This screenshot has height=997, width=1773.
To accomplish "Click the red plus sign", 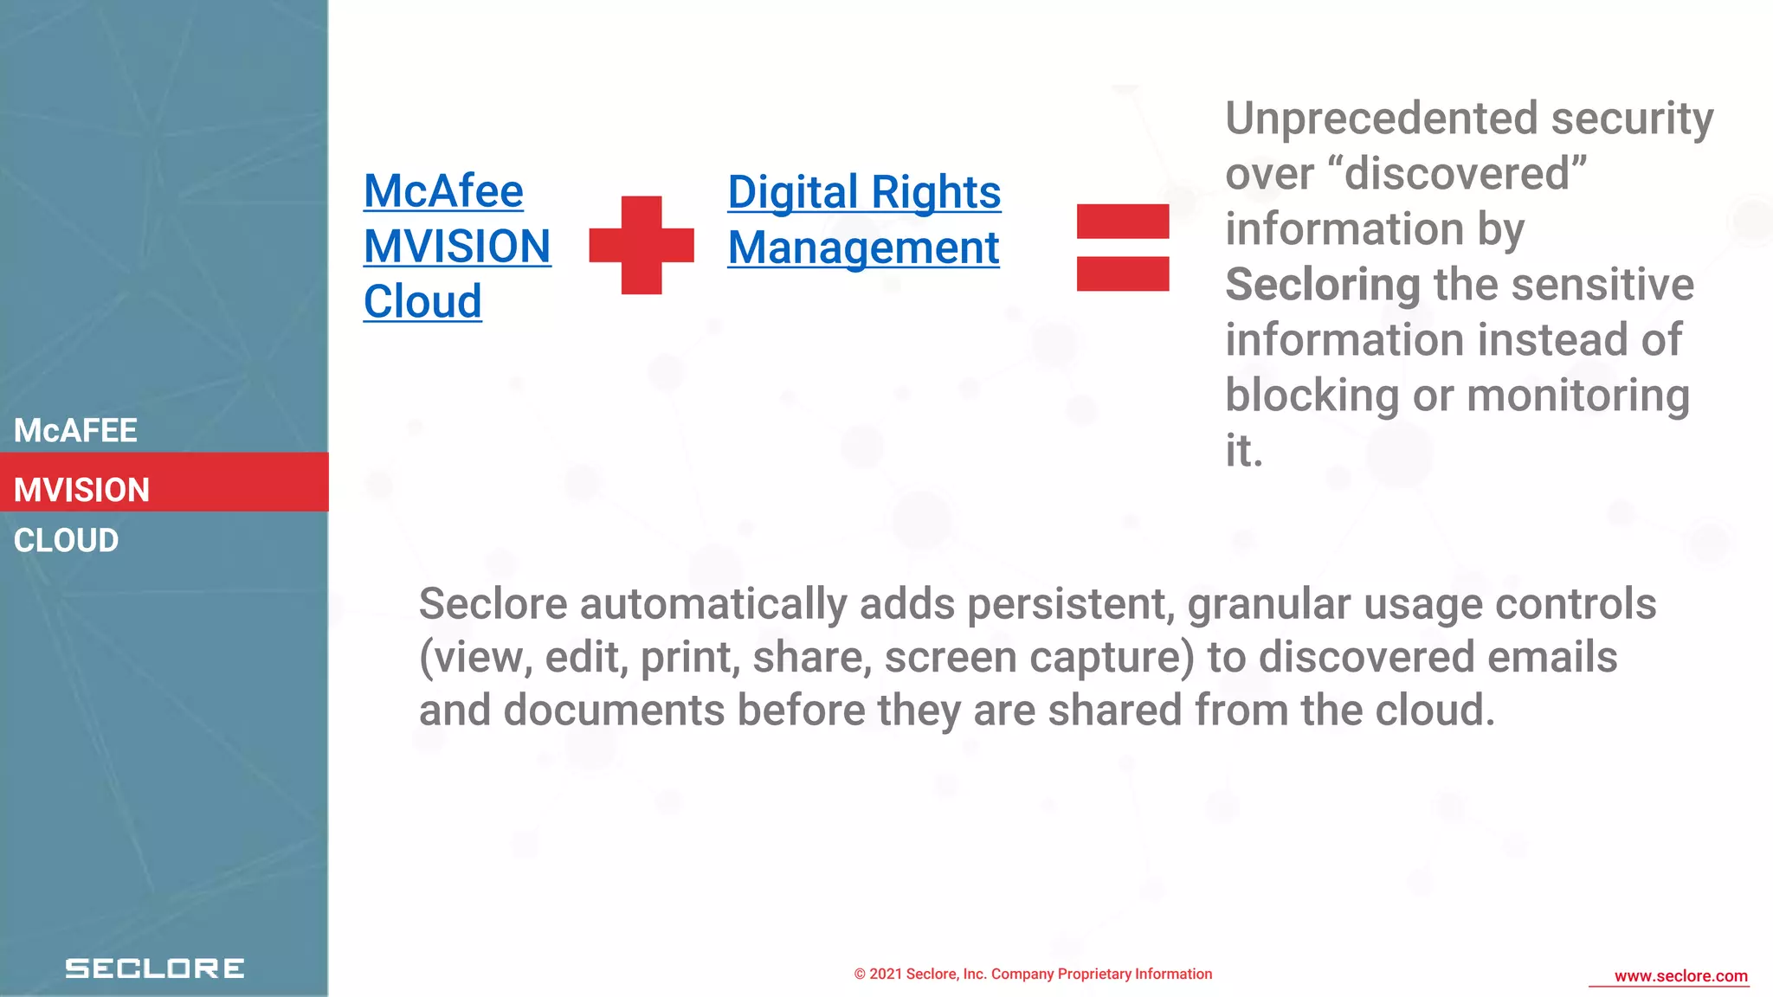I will point(642,245).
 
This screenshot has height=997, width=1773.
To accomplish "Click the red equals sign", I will point(1123,248).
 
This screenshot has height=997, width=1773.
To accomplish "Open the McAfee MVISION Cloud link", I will point(456,247).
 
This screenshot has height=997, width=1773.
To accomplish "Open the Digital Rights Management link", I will point(863,220).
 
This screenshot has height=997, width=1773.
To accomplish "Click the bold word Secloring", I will point(1323,285).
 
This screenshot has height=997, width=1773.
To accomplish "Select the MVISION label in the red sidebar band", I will point(82,490).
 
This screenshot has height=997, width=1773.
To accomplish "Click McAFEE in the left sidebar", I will point(75,430).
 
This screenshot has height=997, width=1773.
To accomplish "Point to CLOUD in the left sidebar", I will point(66,541).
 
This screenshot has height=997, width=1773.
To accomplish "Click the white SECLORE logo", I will point(155,968).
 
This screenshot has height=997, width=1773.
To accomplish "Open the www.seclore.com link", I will point(1680,976).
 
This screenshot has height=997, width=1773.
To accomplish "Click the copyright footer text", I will point(1033,974).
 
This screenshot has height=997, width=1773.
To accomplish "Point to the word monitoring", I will point(1578,396).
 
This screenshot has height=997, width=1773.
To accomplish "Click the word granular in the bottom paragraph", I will point(1269,604).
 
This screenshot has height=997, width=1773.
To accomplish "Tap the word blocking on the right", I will point(1312,396).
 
